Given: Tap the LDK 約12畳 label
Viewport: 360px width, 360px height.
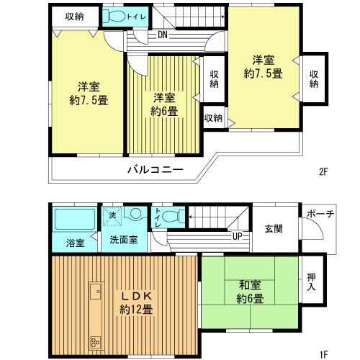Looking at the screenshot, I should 135,303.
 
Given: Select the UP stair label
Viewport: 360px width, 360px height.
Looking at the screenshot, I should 235,235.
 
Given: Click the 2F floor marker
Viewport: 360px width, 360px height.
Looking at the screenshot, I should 324,172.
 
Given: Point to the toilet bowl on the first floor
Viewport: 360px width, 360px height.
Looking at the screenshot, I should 168,216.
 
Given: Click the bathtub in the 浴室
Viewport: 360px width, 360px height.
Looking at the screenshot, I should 74,218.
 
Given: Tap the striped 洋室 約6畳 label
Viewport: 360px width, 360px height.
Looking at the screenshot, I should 165,104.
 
